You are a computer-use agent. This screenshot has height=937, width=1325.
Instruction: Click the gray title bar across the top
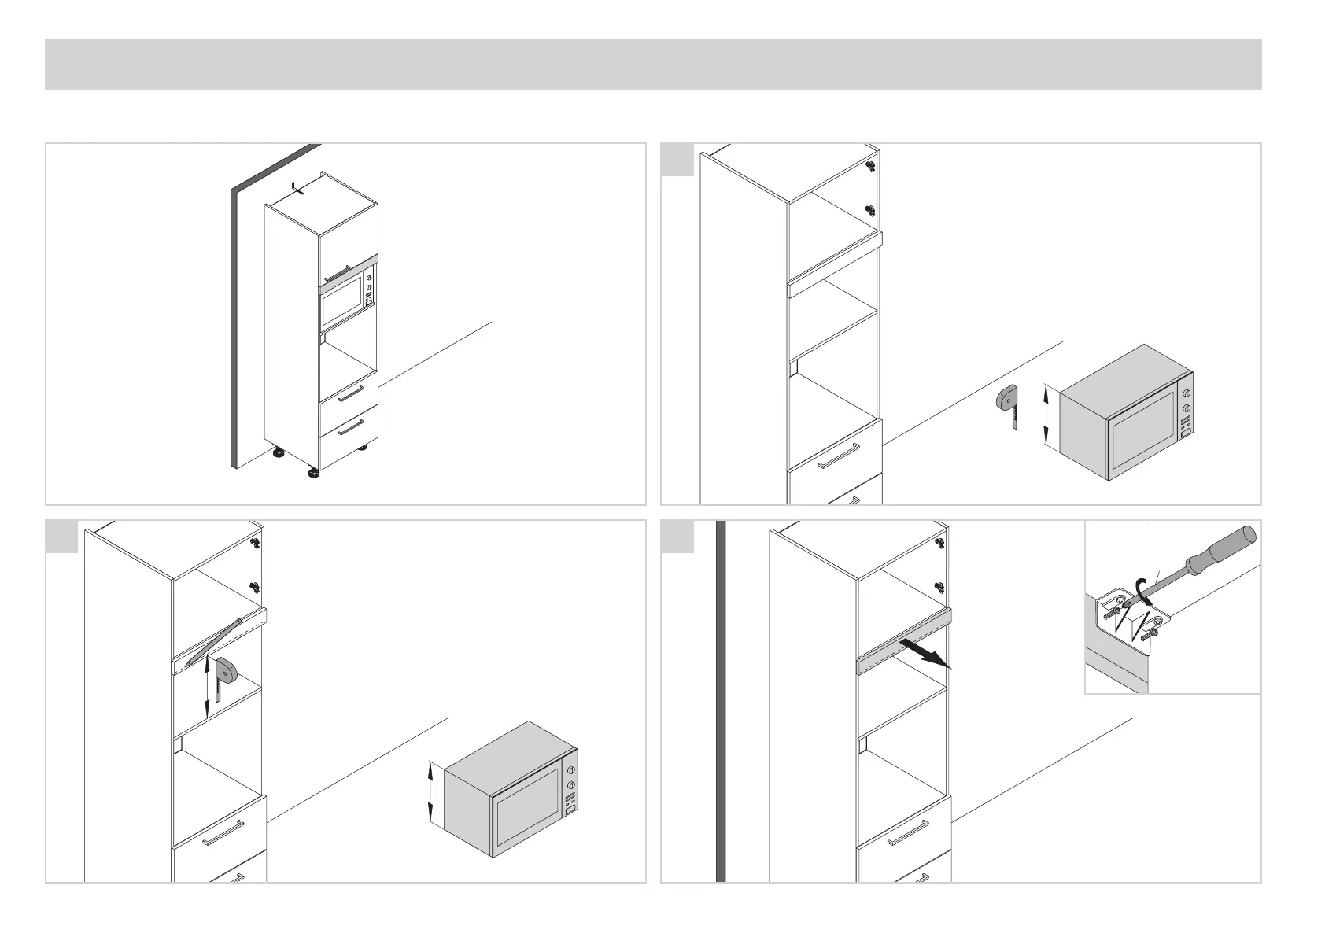point(653,64)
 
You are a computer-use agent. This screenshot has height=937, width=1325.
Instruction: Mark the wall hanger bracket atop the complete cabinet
point(296,188)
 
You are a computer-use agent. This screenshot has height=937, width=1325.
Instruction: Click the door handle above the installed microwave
point(337,273)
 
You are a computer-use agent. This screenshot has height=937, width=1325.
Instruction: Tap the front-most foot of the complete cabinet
point(313,474)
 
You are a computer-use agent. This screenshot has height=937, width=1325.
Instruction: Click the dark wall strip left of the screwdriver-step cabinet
point(720,700)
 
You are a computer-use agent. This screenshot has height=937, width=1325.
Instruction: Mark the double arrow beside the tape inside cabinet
point(208,689)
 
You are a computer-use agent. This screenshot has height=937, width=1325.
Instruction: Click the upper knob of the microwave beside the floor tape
point(1185,393)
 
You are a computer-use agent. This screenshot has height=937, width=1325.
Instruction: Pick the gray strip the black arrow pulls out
point(905,642)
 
